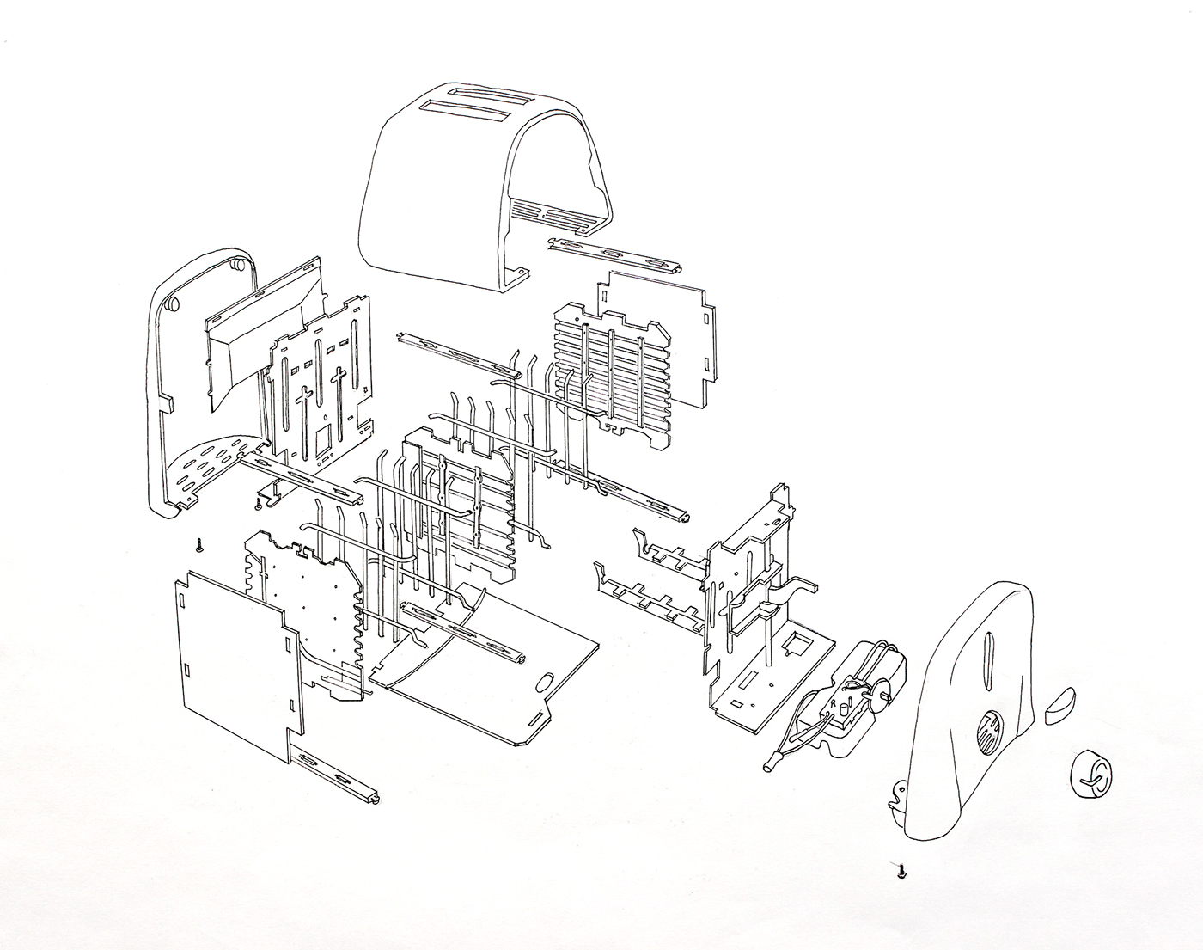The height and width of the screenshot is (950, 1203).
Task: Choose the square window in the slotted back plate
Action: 325,441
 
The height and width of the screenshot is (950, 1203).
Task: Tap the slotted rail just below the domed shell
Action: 613,253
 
